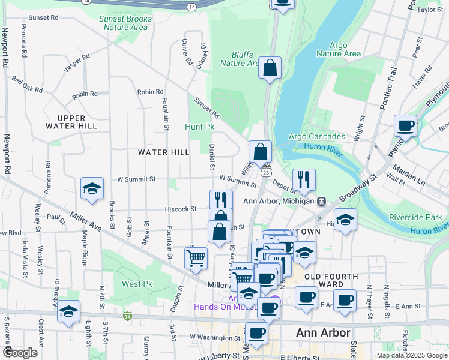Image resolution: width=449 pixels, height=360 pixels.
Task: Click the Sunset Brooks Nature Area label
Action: [125, 23]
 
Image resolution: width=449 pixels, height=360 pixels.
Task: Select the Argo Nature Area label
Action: [339, 49]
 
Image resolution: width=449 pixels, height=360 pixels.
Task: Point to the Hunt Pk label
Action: [200, 127]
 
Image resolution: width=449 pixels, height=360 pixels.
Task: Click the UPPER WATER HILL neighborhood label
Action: [71, 122]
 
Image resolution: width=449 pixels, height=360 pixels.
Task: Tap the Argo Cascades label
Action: [317, 137]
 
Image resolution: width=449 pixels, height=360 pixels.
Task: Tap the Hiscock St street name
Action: [181, 209]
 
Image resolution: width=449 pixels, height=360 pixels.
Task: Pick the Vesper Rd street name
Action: [76, 64]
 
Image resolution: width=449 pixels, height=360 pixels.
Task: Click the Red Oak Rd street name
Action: [27, 85]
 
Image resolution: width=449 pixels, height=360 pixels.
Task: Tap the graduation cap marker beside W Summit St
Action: [92, 188]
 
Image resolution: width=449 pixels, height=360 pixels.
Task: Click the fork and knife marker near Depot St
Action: [304, 179]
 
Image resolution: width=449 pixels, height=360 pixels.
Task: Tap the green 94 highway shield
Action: [127, 316]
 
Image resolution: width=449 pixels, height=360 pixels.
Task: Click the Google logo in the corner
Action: [20, 353]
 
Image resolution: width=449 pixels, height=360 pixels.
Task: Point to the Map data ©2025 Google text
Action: [412, 355]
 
